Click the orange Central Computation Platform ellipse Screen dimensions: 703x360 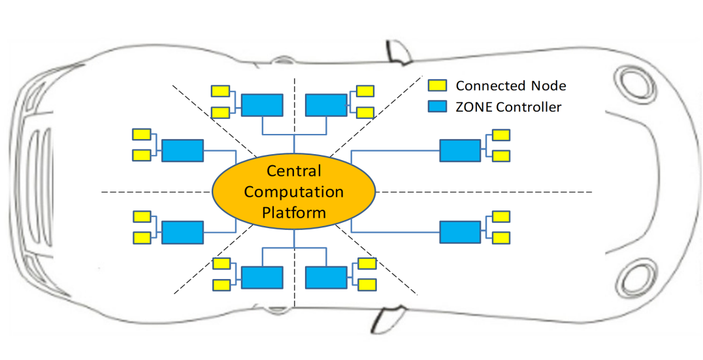click(293, 191)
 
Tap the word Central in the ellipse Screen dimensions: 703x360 click(293, 171)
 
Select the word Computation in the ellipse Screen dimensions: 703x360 click(293, 192)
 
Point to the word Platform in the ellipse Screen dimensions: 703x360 click(293, 212)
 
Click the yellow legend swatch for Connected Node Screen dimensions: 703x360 click(437, 85)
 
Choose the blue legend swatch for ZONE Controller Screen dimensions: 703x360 click(437, 106)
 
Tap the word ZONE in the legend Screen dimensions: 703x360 click(471, 106)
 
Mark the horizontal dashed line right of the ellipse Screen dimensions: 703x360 click(483, 192)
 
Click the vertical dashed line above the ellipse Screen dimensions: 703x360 click(295, 116)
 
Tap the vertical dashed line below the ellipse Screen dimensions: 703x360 click(295, 269)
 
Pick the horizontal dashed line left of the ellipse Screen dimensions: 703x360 click(156, 192)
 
